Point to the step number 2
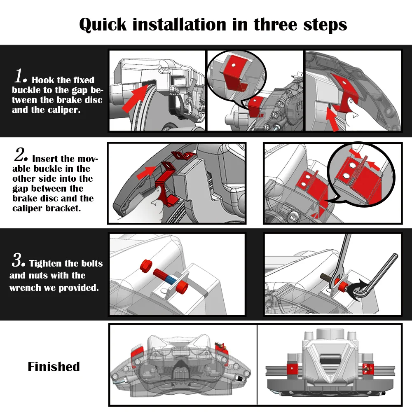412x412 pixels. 21,156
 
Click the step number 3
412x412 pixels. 19,261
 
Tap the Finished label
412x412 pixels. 54,366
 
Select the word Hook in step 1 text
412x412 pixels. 43,80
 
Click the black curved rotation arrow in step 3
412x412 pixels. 359,287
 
